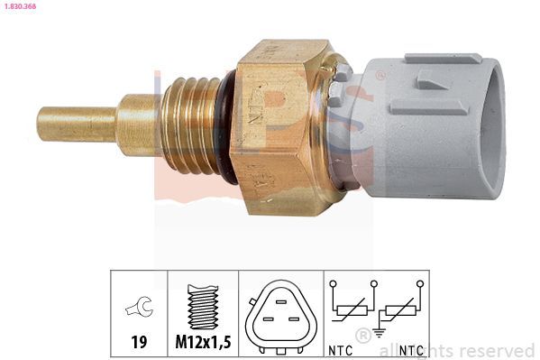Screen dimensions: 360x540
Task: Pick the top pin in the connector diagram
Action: (281, 302)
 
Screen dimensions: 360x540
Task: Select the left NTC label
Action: (341, 348)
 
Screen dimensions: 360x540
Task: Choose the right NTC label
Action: (412, 348)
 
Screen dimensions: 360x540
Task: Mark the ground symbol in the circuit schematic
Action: (377, 332)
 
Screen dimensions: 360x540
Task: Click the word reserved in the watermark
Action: (497, 351)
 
